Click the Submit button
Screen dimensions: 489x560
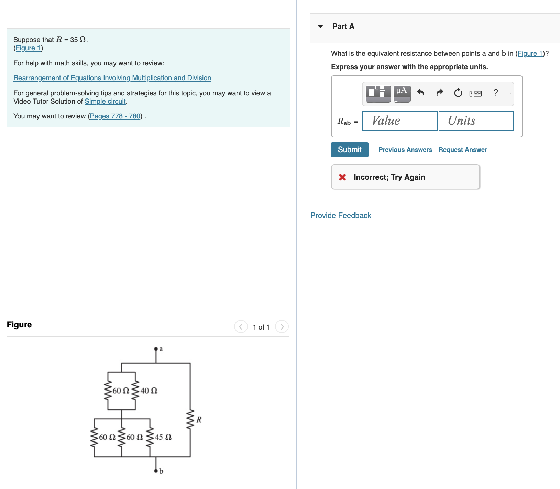click(x=349, y=149)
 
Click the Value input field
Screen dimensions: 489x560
click(x=399, y=121)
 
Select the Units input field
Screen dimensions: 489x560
click(x=476, y=121)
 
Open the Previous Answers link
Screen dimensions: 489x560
click(x=405, y=150)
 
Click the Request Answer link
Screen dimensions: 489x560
click(x=462, y=150)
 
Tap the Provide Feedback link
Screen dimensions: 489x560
click(x=340, y=216)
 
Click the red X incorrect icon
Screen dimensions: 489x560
click(x=342, y=177)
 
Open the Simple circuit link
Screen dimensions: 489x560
click(x=105, y=101)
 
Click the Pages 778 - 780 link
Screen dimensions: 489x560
click(x=115, y=116)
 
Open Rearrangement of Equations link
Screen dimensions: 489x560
click(x=112, y=78)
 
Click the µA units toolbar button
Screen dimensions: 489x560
click(x=402, y=93)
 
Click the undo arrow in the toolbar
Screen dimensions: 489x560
click(x=420, y=92)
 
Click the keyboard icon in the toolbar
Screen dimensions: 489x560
click(x=475, y=93)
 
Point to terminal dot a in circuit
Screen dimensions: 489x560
click(x=156, y=349)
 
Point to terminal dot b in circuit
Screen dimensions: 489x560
click(x=156, y=470)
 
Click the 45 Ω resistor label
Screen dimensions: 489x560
click(x=163, y=437)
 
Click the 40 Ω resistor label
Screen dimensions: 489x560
click(x=149, y=391)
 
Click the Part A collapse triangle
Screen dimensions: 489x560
click(x=320, y=26)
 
